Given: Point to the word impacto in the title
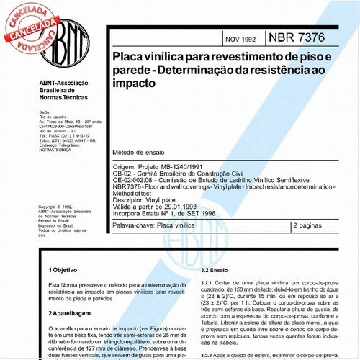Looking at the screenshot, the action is [x=132, y=84].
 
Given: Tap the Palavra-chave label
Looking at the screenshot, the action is [x=134, y=226].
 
